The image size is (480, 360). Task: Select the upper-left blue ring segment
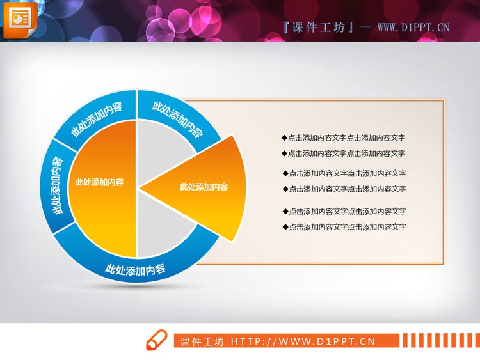coord(98,116)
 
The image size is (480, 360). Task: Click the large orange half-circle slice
coord(102,185)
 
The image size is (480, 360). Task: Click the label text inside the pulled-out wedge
coord(204,187)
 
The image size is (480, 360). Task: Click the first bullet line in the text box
coord(344,137)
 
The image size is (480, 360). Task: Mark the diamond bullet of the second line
coord(284,153)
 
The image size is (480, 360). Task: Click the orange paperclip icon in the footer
coord(156,341)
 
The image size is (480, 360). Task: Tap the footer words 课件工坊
coord(202,341)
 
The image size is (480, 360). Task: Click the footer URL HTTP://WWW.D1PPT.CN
coord(302,341)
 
